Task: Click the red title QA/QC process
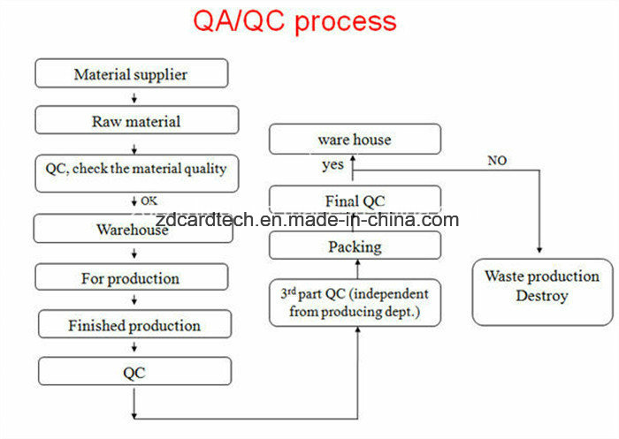click(x=294, y=22)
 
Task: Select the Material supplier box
click(x=132, y=73)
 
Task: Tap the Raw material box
click(x=136, y=120)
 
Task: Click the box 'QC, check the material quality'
click(x=136, y=173)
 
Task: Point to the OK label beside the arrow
click(x=149, y=201)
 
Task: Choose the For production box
click(x=132, y=277)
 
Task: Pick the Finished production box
click(x=134, y=324)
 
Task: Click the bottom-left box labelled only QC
click(x=134, y=371)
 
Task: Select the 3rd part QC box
click(x=355, y=302)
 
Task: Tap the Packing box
click(x=355, y=246)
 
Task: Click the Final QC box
click(x=355, y=200)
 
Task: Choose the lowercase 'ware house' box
click(x=355, y=139)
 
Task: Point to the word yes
click(x=332, y=165)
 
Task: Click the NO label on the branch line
click(x=497, y=161)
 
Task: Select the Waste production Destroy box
click(x=542, y=291)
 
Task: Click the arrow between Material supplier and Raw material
click(x=134, y=98)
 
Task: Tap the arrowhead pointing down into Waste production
click(x=539, y=250)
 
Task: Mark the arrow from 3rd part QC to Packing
click(x=357, y=269)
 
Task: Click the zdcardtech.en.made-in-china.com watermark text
click(x=307, y=220)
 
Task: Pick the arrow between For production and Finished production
click(x=134, y=300)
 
